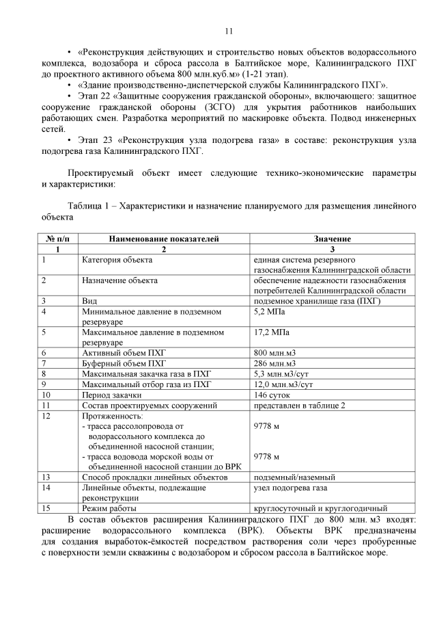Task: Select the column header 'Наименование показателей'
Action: tap(163, 239)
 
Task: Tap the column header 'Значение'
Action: tap(332, 239)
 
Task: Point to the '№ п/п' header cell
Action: tap(57, 239)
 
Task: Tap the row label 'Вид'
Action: tap(89, 301)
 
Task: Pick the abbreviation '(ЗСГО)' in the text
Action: tap(240, 107)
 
